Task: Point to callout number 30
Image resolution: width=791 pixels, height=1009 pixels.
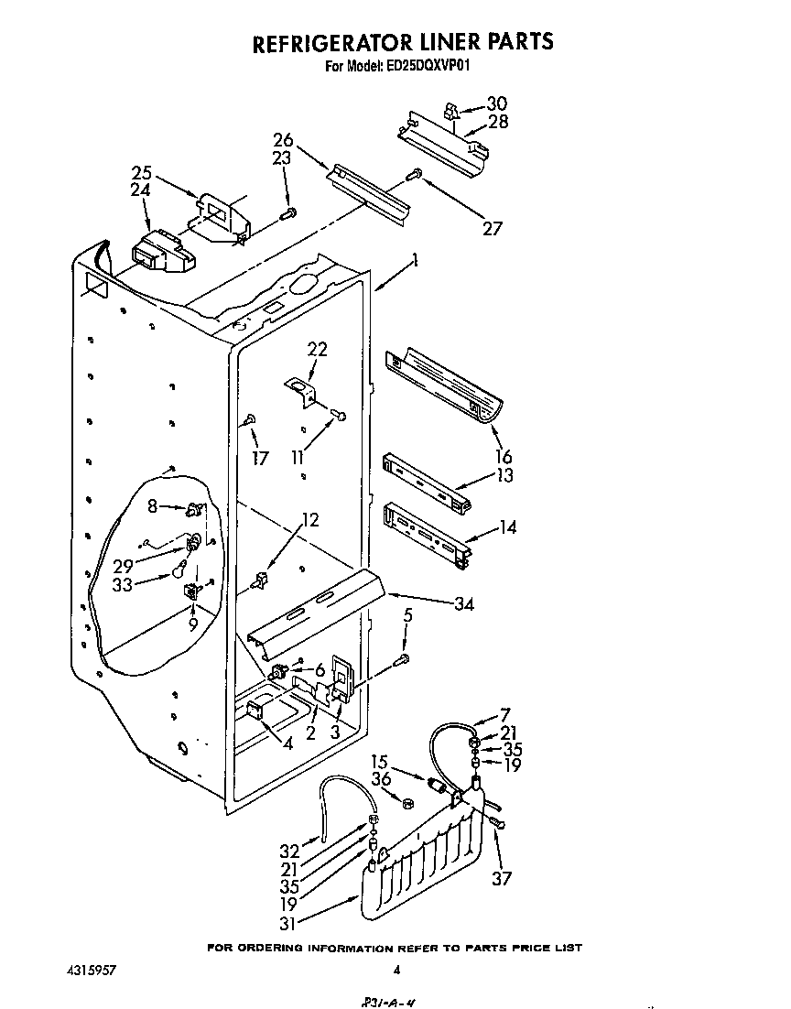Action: tap(495, 103)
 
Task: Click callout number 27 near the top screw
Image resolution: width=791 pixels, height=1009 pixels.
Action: tap(492, 228)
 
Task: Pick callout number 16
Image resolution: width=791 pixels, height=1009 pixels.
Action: tap(504, 457)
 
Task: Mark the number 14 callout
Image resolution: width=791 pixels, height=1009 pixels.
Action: tap(506, 527)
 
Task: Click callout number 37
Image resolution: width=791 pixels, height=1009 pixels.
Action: tap(502, 878)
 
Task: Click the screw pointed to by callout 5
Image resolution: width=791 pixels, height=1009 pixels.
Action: tap(402, 659)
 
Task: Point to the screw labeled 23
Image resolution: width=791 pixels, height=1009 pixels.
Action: tap(289, 213)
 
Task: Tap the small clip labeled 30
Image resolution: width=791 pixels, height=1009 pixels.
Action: tap(450, 111)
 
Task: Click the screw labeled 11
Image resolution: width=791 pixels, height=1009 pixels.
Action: tap(339, 416)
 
